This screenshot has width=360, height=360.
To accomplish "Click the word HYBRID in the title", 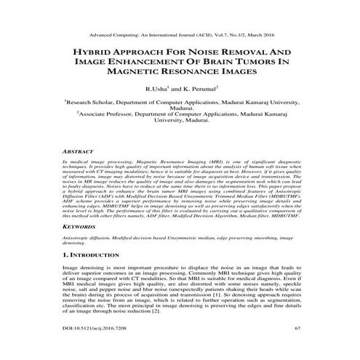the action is pos(89,54).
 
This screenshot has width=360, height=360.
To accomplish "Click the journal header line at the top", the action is pos(180,34).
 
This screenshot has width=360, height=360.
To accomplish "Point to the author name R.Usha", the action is pos(159,89).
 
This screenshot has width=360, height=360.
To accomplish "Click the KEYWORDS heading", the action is pos(81,227).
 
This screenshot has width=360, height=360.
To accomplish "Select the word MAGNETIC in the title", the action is pos(129,73).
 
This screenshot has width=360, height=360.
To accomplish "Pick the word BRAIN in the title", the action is pos(218,63).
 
